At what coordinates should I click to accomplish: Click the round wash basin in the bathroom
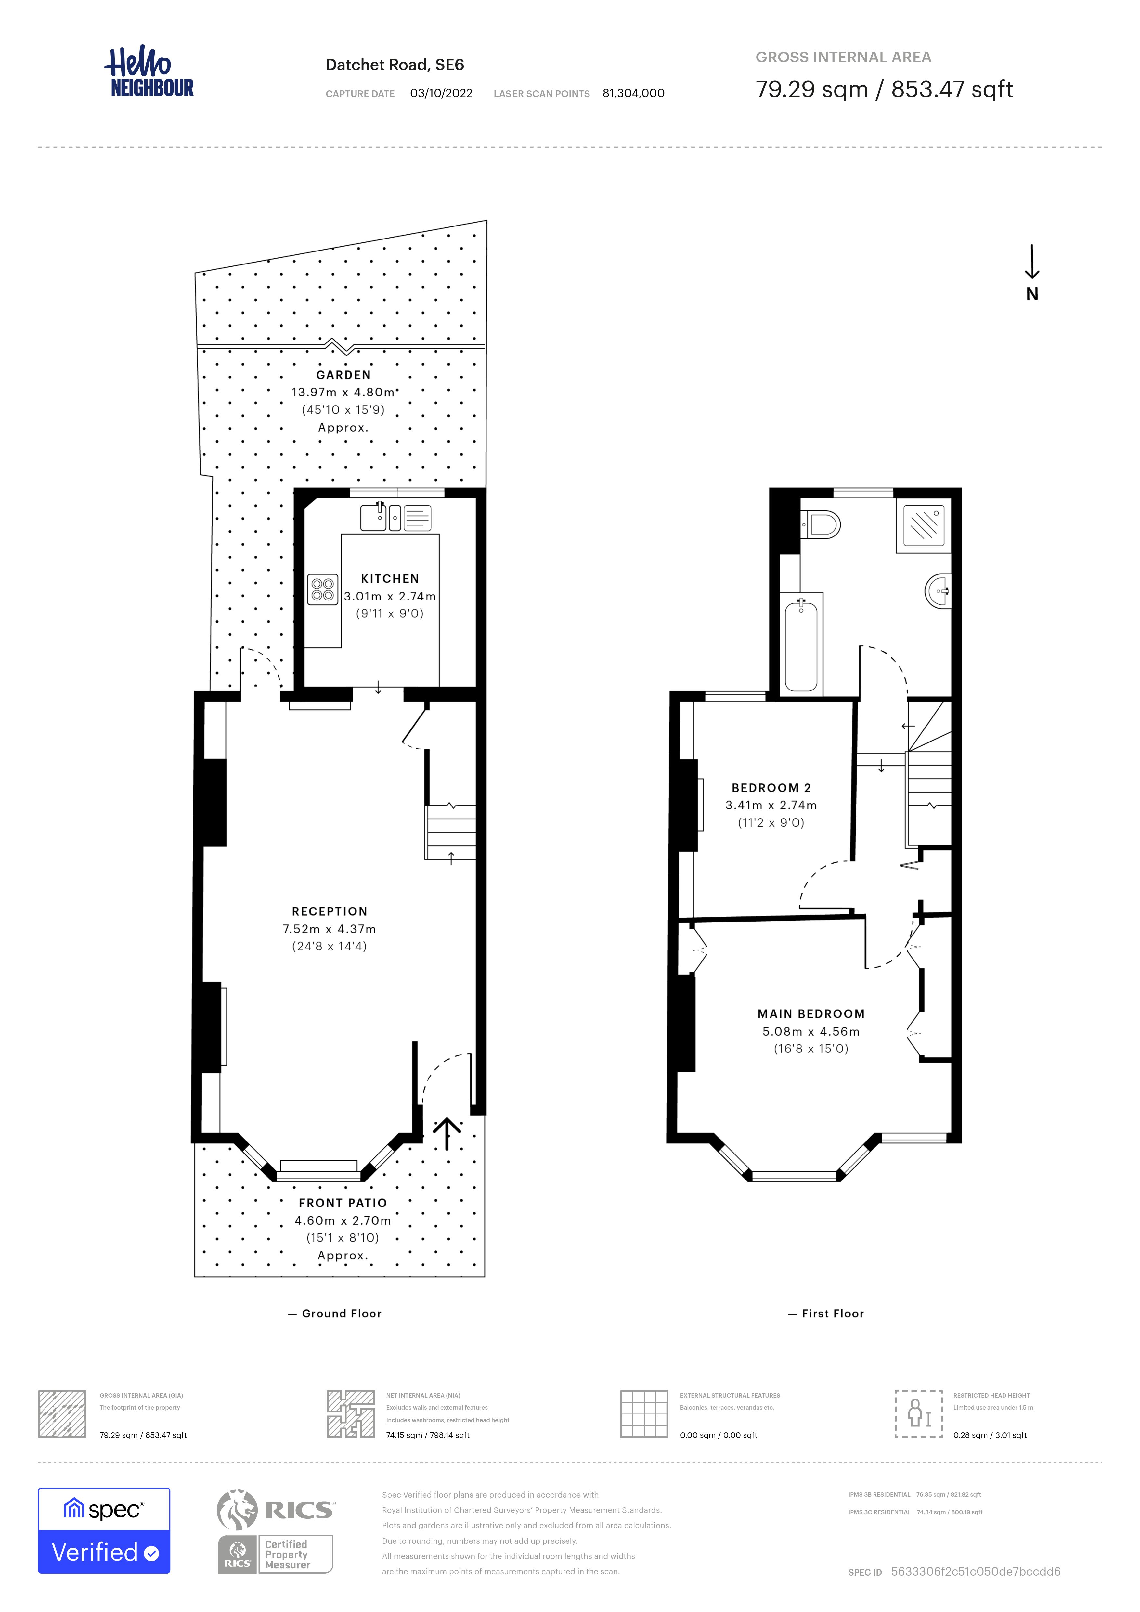[938, 590]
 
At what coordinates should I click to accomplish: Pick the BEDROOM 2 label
[771, 788]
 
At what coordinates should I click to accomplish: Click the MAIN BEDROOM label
[811, 1014]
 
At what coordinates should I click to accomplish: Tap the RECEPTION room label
[329, 911]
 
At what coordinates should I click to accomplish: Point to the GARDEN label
[343, 375]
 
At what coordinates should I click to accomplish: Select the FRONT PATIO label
[343, 1203]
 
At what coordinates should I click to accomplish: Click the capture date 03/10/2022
[441, 93]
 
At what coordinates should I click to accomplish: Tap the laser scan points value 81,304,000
[633, 93]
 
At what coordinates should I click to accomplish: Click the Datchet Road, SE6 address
[395, 65]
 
